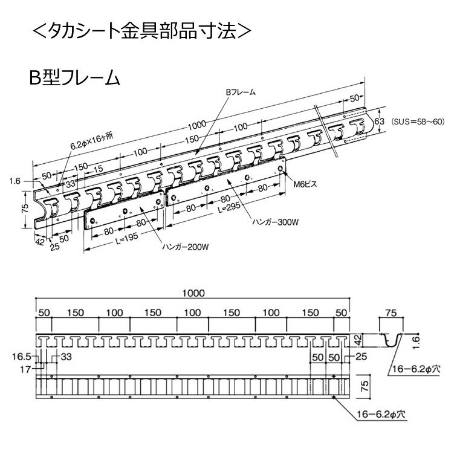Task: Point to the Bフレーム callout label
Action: tap(241, 93)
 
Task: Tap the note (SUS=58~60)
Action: tap(418, 122)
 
